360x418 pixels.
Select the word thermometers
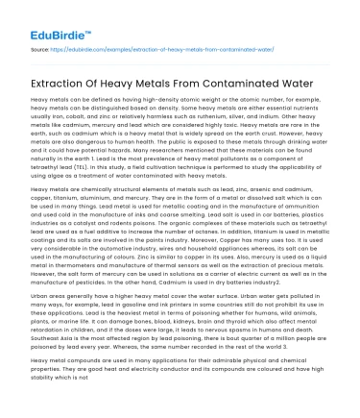click(87, 279)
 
